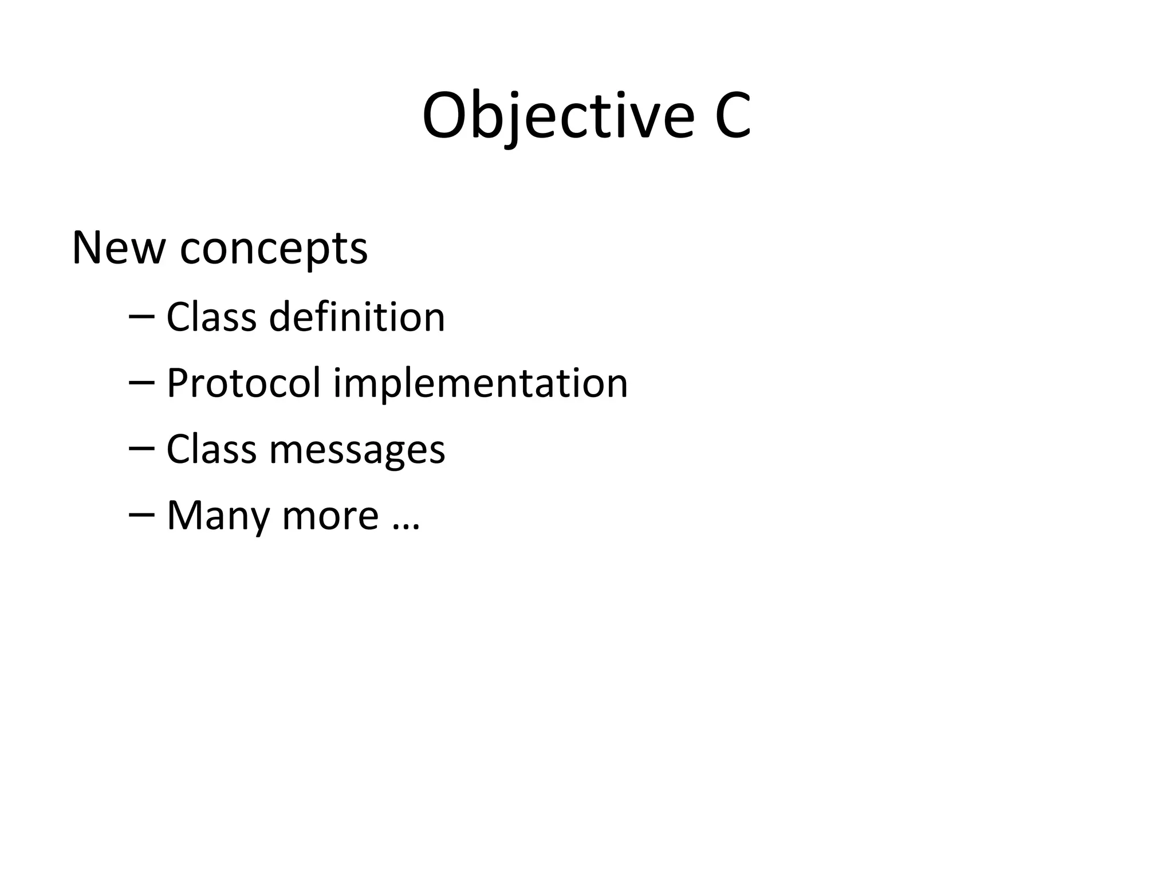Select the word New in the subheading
118,249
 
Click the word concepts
274,251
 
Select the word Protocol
243,383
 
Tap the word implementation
481,384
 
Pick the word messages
357,451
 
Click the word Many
218,517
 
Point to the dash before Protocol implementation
141,383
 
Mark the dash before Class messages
141,449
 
